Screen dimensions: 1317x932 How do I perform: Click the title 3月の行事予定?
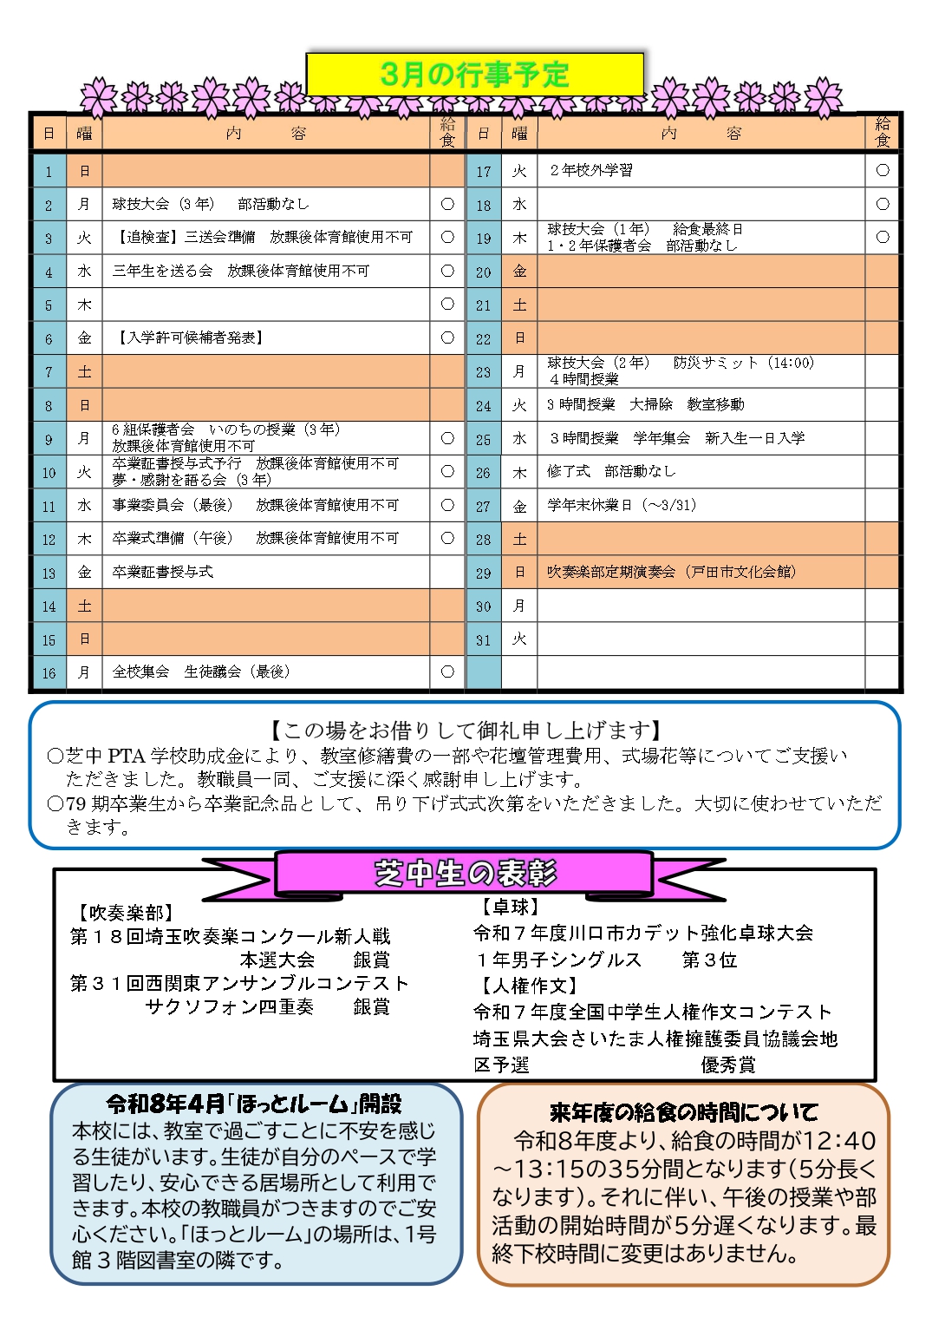tap(474, 75)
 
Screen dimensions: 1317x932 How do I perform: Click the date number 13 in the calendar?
tap(49, 573)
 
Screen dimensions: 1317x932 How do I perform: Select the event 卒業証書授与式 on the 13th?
tap(163, 572)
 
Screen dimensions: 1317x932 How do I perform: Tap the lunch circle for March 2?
tap(447, 204)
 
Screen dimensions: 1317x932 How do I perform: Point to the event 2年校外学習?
tap(591, 170)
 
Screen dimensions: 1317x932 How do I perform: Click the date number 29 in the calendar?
tap(484, 573)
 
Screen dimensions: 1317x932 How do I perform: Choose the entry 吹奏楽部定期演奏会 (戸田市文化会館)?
tap(672, 572)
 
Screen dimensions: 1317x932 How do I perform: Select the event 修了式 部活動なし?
tap(611, 471)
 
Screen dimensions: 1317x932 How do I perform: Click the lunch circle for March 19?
tap(883, 237)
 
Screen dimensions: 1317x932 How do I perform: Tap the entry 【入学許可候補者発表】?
tap(189, 337)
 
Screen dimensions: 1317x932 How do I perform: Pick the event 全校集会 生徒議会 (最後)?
tap(201, 672)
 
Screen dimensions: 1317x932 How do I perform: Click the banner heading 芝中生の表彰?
tap(466, 873)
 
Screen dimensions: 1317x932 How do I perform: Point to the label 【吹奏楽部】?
tap(127, 912)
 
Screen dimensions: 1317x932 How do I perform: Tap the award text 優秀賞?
tap(727, 1065)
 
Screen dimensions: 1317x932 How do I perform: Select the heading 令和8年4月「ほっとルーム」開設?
tap(254, 1104)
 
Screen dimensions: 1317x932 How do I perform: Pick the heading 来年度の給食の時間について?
tap(683, 1112)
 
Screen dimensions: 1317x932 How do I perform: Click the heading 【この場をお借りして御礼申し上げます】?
tap(465, 730)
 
